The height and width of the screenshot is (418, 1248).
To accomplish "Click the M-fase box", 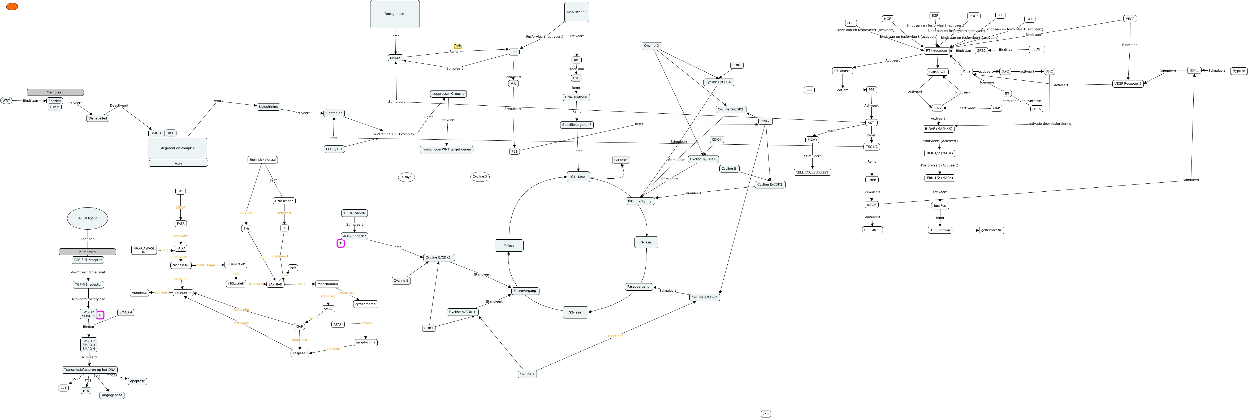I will pos(509,245).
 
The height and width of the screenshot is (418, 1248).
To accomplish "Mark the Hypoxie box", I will pos(1238,71).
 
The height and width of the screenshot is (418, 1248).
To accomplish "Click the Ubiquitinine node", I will pos(268,107).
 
